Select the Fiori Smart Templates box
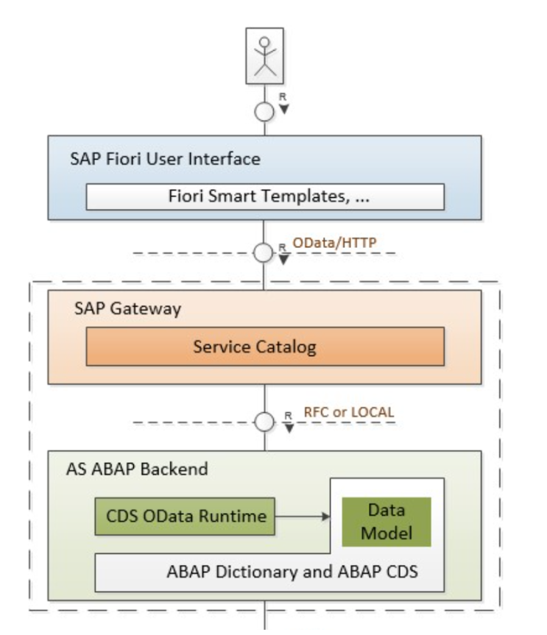coord(265,196)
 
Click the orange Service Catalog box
coord(265,347)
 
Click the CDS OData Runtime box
coord(184,516)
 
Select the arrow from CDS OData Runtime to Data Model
coord(302,516)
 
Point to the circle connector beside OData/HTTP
coord(264,254)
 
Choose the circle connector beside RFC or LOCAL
coord(264,422)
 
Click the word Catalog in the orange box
coord(289,347)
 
